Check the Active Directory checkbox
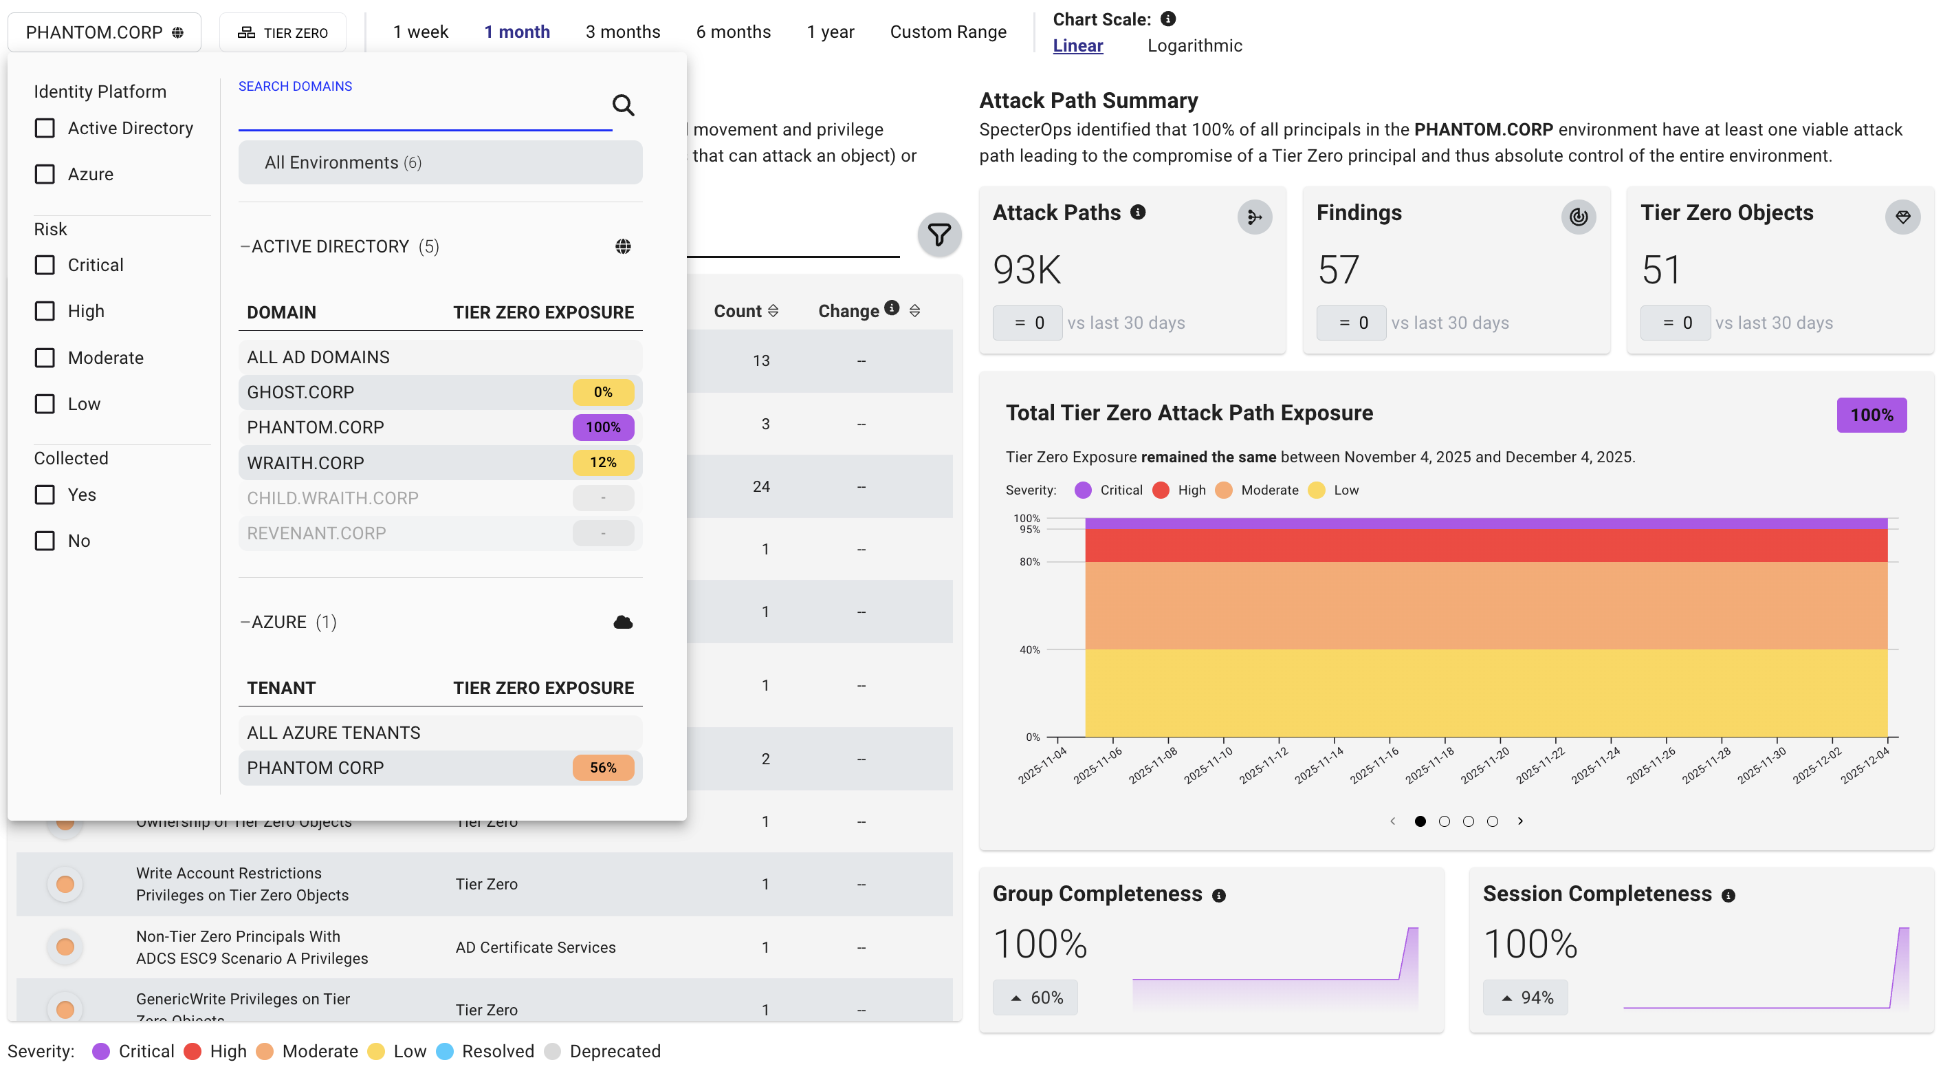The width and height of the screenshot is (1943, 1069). pos(45,128)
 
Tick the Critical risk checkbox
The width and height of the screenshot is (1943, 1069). pos(45,266)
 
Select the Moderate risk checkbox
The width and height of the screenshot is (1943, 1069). pos(45,358)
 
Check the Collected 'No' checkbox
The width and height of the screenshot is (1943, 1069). pos(45,541)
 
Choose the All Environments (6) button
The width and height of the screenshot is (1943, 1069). pos(441,163)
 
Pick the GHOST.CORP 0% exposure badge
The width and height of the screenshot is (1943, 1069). pos(603,392)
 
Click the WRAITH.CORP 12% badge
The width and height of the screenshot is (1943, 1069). pos(603,462)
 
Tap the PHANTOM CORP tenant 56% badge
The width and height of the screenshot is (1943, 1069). pos(603,768)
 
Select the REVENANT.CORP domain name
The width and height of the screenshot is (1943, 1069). pos(317,533)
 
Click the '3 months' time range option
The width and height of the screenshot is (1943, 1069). pos(622,32)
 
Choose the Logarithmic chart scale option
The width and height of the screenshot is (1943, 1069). pos(1194,46)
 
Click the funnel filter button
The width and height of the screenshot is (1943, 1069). pos(939,235)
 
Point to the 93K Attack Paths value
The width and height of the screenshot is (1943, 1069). pos(1027,270)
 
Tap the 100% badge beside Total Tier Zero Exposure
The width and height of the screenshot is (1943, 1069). pos(1871,415)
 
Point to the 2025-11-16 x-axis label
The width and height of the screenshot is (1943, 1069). pos(1374,765)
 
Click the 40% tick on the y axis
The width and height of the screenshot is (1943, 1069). pos(1029,649)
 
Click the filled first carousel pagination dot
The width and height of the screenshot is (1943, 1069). pos(1420,821)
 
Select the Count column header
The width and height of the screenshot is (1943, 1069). pos(738,311)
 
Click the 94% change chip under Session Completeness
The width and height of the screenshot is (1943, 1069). pos(1525,998)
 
